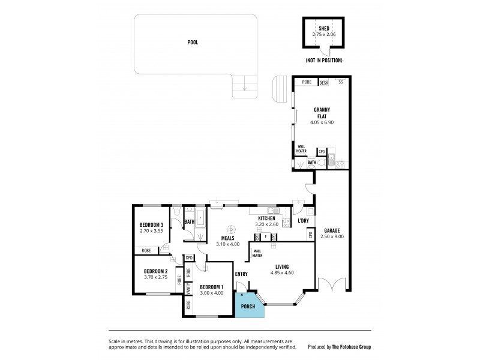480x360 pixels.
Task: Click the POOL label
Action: tap(193, 43)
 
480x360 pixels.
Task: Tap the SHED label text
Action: tap(325, 29)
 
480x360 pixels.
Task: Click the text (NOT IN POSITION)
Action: tap(323, 61)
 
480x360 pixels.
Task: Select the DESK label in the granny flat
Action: tap(323, 83)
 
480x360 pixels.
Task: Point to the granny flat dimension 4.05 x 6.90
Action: tap(322, 122)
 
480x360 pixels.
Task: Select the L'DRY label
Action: tap(303, 221)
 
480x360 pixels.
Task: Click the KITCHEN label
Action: tap(266, 218)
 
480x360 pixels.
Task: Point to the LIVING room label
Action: tap(283, 266)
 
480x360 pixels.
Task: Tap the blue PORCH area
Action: tap(248, 307)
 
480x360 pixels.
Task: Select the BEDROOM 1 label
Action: tap(211, 286)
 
